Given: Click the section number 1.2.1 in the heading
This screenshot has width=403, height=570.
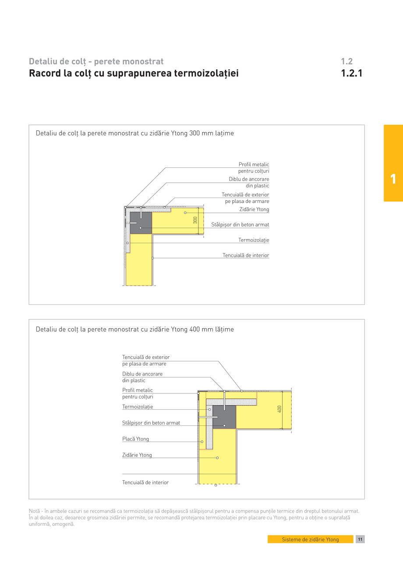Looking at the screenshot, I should pos(352,73).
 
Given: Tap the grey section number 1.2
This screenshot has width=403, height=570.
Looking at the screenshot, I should pos(346,61).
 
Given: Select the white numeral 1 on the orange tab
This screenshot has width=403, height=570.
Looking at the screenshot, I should pos(393,179).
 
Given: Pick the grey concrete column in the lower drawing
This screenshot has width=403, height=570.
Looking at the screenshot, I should pos(224,417).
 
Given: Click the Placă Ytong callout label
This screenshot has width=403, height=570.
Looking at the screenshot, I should pos(135,439).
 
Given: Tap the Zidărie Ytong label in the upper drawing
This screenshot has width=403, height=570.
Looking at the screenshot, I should pos(254,209).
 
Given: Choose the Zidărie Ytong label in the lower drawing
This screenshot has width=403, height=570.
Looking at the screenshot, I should pos(137,455).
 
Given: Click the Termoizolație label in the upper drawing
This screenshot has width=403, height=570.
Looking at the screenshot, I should pos(254,240).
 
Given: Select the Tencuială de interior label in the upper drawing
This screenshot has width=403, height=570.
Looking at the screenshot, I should pos(246,255).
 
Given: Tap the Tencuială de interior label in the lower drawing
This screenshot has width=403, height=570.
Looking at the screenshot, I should pos(145,482).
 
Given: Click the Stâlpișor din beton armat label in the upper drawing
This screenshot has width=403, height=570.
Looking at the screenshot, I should pos(240,225).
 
